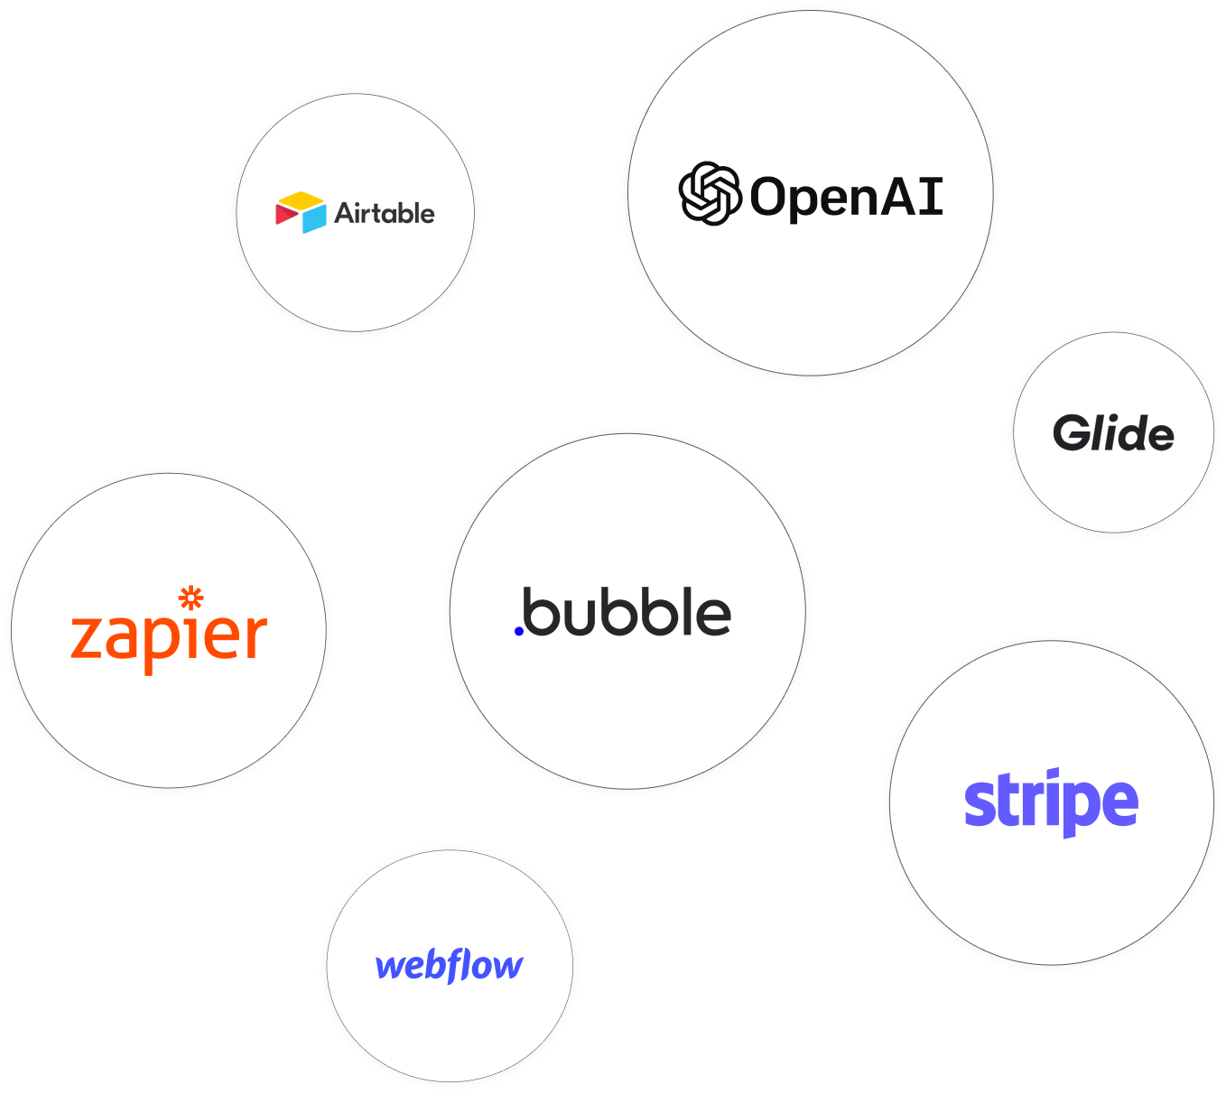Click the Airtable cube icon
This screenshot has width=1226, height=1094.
pos(301,212)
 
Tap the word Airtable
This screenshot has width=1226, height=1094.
pos(385,213)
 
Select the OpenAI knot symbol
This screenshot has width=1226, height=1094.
pos(709,193)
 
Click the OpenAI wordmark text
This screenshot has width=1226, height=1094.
pos(847,197)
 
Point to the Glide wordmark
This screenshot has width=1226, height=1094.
pos(1113,434)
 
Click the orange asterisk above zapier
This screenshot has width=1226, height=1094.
pos(190,598)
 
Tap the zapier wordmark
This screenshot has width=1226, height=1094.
pos(169,635)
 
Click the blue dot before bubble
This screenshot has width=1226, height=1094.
pos(519,631)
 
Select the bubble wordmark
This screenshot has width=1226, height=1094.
pos(627,613)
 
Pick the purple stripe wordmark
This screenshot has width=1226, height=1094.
pos(1051,802)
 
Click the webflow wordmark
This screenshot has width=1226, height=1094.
pos(449,966)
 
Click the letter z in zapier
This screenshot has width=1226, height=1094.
pos(86,636)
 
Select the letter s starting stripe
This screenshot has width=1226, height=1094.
pos(978,803)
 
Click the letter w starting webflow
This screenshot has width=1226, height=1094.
pos(392,967)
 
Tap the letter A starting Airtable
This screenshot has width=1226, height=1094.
pos(345,213)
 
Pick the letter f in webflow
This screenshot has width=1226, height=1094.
pos(463,966)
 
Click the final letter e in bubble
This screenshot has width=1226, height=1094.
pos(713,616)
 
